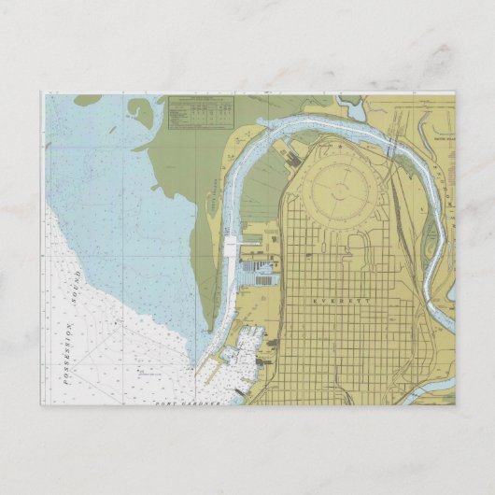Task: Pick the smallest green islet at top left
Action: coord(87,99)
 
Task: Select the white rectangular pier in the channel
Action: coord(231,247)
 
